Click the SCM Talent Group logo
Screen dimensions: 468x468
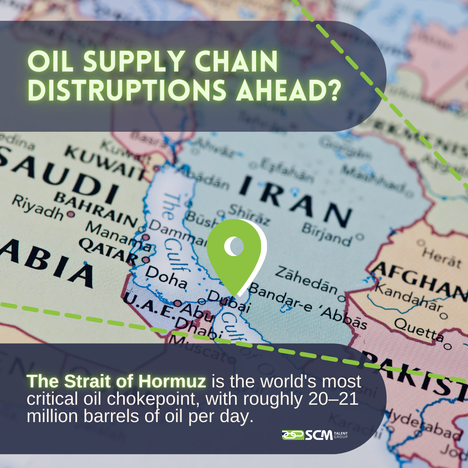[315, 435]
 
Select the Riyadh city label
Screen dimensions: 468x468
[37, 207]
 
